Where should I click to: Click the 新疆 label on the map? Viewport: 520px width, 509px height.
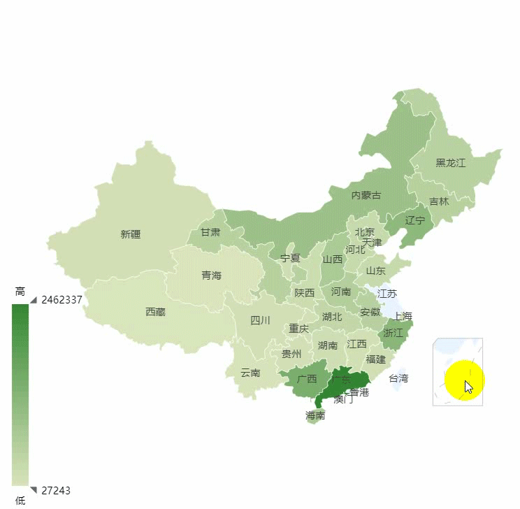click(131, 234)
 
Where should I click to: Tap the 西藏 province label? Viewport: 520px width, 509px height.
click(155, 312)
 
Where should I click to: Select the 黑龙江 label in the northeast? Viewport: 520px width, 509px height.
click(450, 163)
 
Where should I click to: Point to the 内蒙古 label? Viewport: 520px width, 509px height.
click(366, 195)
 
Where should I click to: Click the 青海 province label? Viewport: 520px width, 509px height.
click(211, 275)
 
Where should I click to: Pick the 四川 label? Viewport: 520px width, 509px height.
click(260, 320)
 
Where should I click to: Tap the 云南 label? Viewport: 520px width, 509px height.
click(250, 373)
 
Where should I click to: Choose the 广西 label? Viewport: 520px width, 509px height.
click(307, 379)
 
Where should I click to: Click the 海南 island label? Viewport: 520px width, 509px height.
click(315, 415)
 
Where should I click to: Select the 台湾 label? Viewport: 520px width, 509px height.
click(398, 378)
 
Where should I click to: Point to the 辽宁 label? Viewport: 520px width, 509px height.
click(415, 220)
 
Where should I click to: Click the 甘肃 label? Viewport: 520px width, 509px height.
click(210, 232)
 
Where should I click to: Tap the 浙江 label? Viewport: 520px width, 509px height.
click(393, 333)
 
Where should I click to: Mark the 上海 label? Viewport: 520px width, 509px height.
click(403, 316)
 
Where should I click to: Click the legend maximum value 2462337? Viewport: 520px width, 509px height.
click(62, 300)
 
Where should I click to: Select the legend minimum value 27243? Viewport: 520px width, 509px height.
click(56, 490)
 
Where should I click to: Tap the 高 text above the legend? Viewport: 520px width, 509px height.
click(20, 291)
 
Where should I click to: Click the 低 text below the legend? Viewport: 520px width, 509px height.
click(20, 500)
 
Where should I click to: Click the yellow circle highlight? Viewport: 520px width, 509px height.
click(464, 381)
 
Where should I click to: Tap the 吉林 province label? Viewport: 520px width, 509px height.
click(439, 201)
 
